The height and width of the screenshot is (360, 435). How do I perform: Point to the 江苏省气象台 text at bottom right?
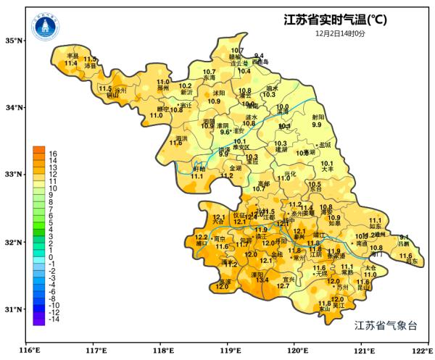point(386,326)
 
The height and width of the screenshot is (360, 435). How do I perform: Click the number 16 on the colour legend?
point(53,154)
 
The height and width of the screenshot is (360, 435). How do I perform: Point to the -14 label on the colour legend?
point(54,319)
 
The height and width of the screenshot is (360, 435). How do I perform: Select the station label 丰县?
point(72,56)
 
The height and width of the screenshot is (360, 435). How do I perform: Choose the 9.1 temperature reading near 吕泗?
point(405,238)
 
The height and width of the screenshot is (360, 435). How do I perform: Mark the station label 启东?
point(411,261)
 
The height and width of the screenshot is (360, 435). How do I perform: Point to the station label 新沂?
point(186,93)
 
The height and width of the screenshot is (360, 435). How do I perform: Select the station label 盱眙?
point(197,169)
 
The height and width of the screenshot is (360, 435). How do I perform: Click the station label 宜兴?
point(289,280)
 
